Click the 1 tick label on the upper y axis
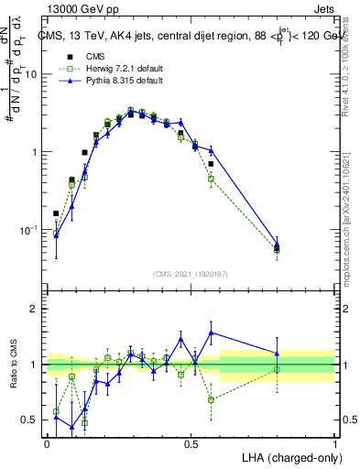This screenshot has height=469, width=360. [x=38, y=152]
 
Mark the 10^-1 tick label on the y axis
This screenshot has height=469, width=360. [x=32, y=229]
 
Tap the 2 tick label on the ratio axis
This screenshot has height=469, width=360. [x=38, y=309]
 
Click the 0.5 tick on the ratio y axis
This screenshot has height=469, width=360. [x=34, y=420]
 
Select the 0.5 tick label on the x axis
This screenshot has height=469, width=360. [x=191, y=443]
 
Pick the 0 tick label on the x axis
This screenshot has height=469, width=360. [x=47, y=443]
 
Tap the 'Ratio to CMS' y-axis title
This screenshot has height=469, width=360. [x=13, y=365]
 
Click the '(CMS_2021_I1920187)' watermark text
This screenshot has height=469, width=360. [x=191, y=273]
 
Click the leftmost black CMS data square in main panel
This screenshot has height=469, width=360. [x=56, y=213]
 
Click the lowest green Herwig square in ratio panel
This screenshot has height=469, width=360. [x=84, y=422]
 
